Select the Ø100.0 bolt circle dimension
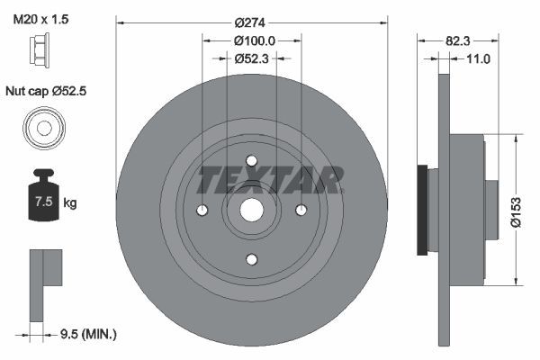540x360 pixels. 253,40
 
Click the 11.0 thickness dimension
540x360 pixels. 478,59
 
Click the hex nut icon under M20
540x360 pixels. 40,53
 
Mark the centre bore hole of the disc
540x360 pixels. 252,210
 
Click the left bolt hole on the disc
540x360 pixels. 203,210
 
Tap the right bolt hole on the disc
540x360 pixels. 301,210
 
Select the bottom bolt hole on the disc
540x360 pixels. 252,258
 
